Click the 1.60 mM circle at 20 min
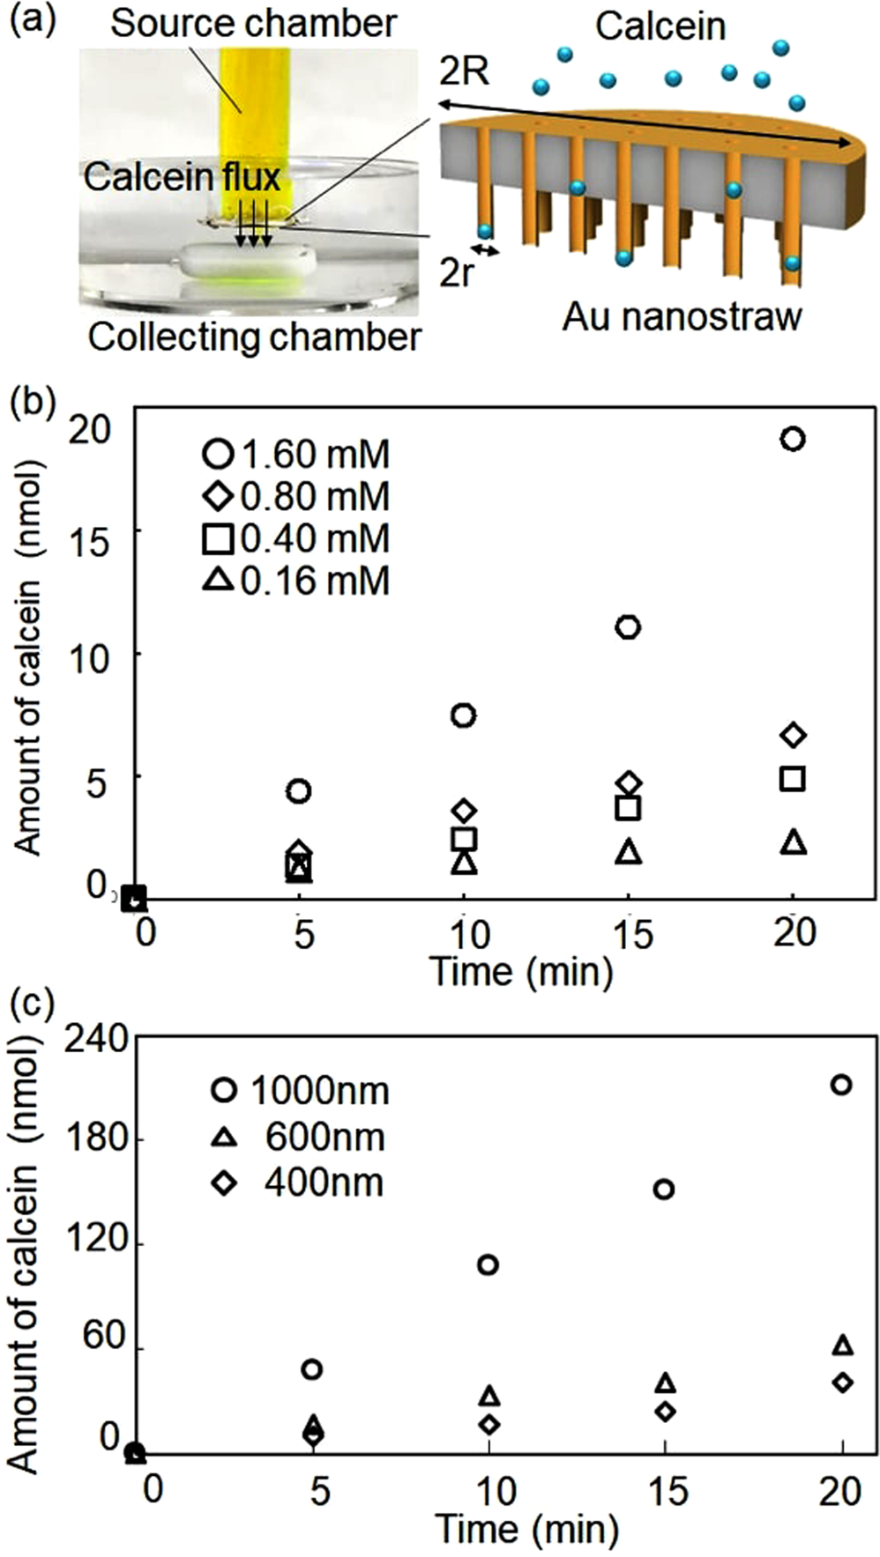click(793, 439)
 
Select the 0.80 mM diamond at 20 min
click(793, 735)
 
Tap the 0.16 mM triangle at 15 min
click(628, 852)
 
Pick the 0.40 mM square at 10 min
click(464, 839)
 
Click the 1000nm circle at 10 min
click(488, 1265)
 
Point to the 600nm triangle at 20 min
click(842, 1345)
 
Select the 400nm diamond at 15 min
click(665, 1411)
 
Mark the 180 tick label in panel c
click(99, 1138)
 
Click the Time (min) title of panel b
click(520, 971)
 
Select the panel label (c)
click(32, 1003)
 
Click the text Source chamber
click(253, 24)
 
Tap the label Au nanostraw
click(682, 316)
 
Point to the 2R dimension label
click(465, 72)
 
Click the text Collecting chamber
click(254, 337)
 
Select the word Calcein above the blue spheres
click(660, 26)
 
